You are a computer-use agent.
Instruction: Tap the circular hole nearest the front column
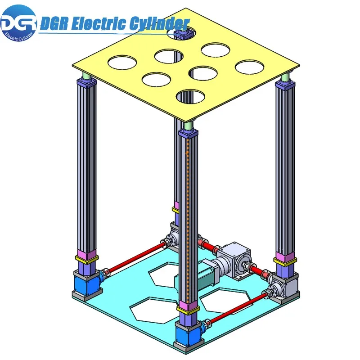pos(191,96)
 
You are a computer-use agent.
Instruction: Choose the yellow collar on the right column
pos(285,260)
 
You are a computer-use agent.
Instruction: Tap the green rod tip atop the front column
pos(188,125)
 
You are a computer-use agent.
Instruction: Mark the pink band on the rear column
pos(175,206)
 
